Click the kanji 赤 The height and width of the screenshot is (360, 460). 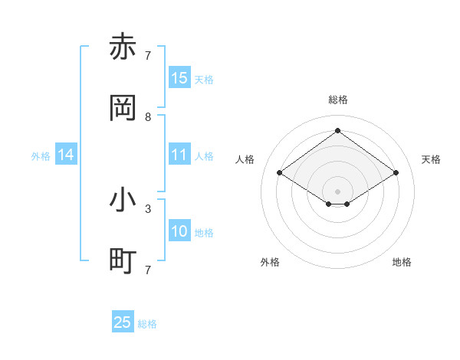(x=123, y=47)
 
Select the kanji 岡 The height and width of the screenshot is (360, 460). (x=123, y=109)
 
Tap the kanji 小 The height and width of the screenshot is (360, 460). (x=123, y=200)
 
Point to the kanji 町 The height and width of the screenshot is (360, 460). (x=123, y=261)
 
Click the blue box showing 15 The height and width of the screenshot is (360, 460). (x=179, y=78)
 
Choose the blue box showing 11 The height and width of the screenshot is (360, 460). (x=179, y=155)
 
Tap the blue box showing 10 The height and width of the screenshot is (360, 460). (x=179, y=231)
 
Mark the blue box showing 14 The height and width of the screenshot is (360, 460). (x=66, y=155)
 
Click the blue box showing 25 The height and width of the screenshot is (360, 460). (x=123, y=322)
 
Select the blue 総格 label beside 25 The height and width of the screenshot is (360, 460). (x=147, y=324)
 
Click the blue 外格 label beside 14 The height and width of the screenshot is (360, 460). (x=41, y=156)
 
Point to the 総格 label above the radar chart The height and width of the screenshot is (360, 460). (x=337, y=100)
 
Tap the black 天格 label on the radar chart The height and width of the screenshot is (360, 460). (x=431, y=159)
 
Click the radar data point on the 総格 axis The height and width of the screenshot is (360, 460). (x=337, y=130)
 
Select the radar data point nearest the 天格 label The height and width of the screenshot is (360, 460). (x=396, y=173)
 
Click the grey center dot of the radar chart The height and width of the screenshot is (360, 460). (x=337, y=191)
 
